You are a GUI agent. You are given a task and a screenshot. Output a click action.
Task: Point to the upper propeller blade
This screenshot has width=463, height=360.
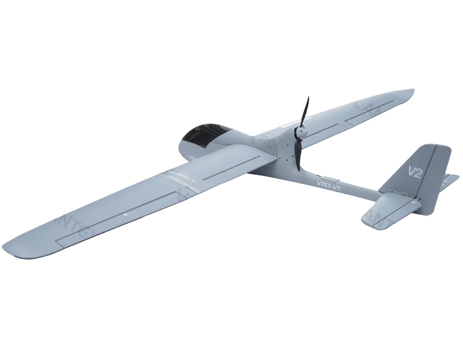click(x=305, y=111)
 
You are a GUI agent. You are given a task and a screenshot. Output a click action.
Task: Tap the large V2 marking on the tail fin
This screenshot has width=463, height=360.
click(x=414, y=172)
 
